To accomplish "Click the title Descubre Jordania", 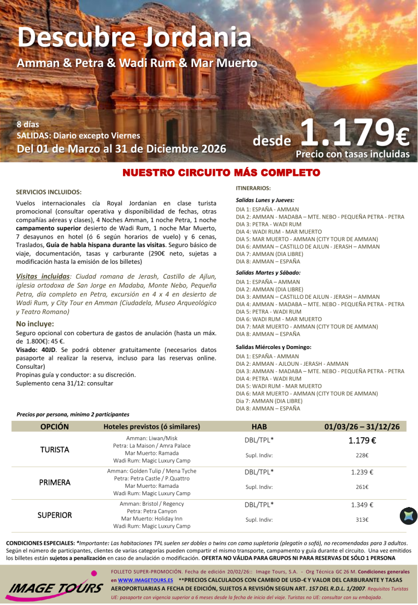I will pos(134,37).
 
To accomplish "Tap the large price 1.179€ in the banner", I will pos(354,133).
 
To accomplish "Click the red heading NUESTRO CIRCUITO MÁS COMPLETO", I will pos(221,173).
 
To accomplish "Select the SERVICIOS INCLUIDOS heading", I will pos(49,192).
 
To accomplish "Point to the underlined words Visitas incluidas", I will pos(42,277).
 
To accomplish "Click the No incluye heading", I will pos(35,324).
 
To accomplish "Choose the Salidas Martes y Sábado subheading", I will pos(268,273).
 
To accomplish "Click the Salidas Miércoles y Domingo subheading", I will pos(273,347).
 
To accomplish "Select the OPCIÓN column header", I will pos(55,427).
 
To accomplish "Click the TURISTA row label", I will pos(55,449).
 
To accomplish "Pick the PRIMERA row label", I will pos(55,482).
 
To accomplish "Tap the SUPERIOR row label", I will pos(55,515).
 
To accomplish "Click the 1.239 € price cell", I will pos(362,472).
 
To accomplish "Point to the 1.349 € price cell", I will pos(362,505).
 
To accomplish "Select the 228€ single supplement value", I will pos(362,456).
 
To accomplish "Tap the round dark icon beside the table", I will pos(408,515).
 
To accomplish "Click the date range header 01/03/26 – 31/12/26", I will pos(362,427).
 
